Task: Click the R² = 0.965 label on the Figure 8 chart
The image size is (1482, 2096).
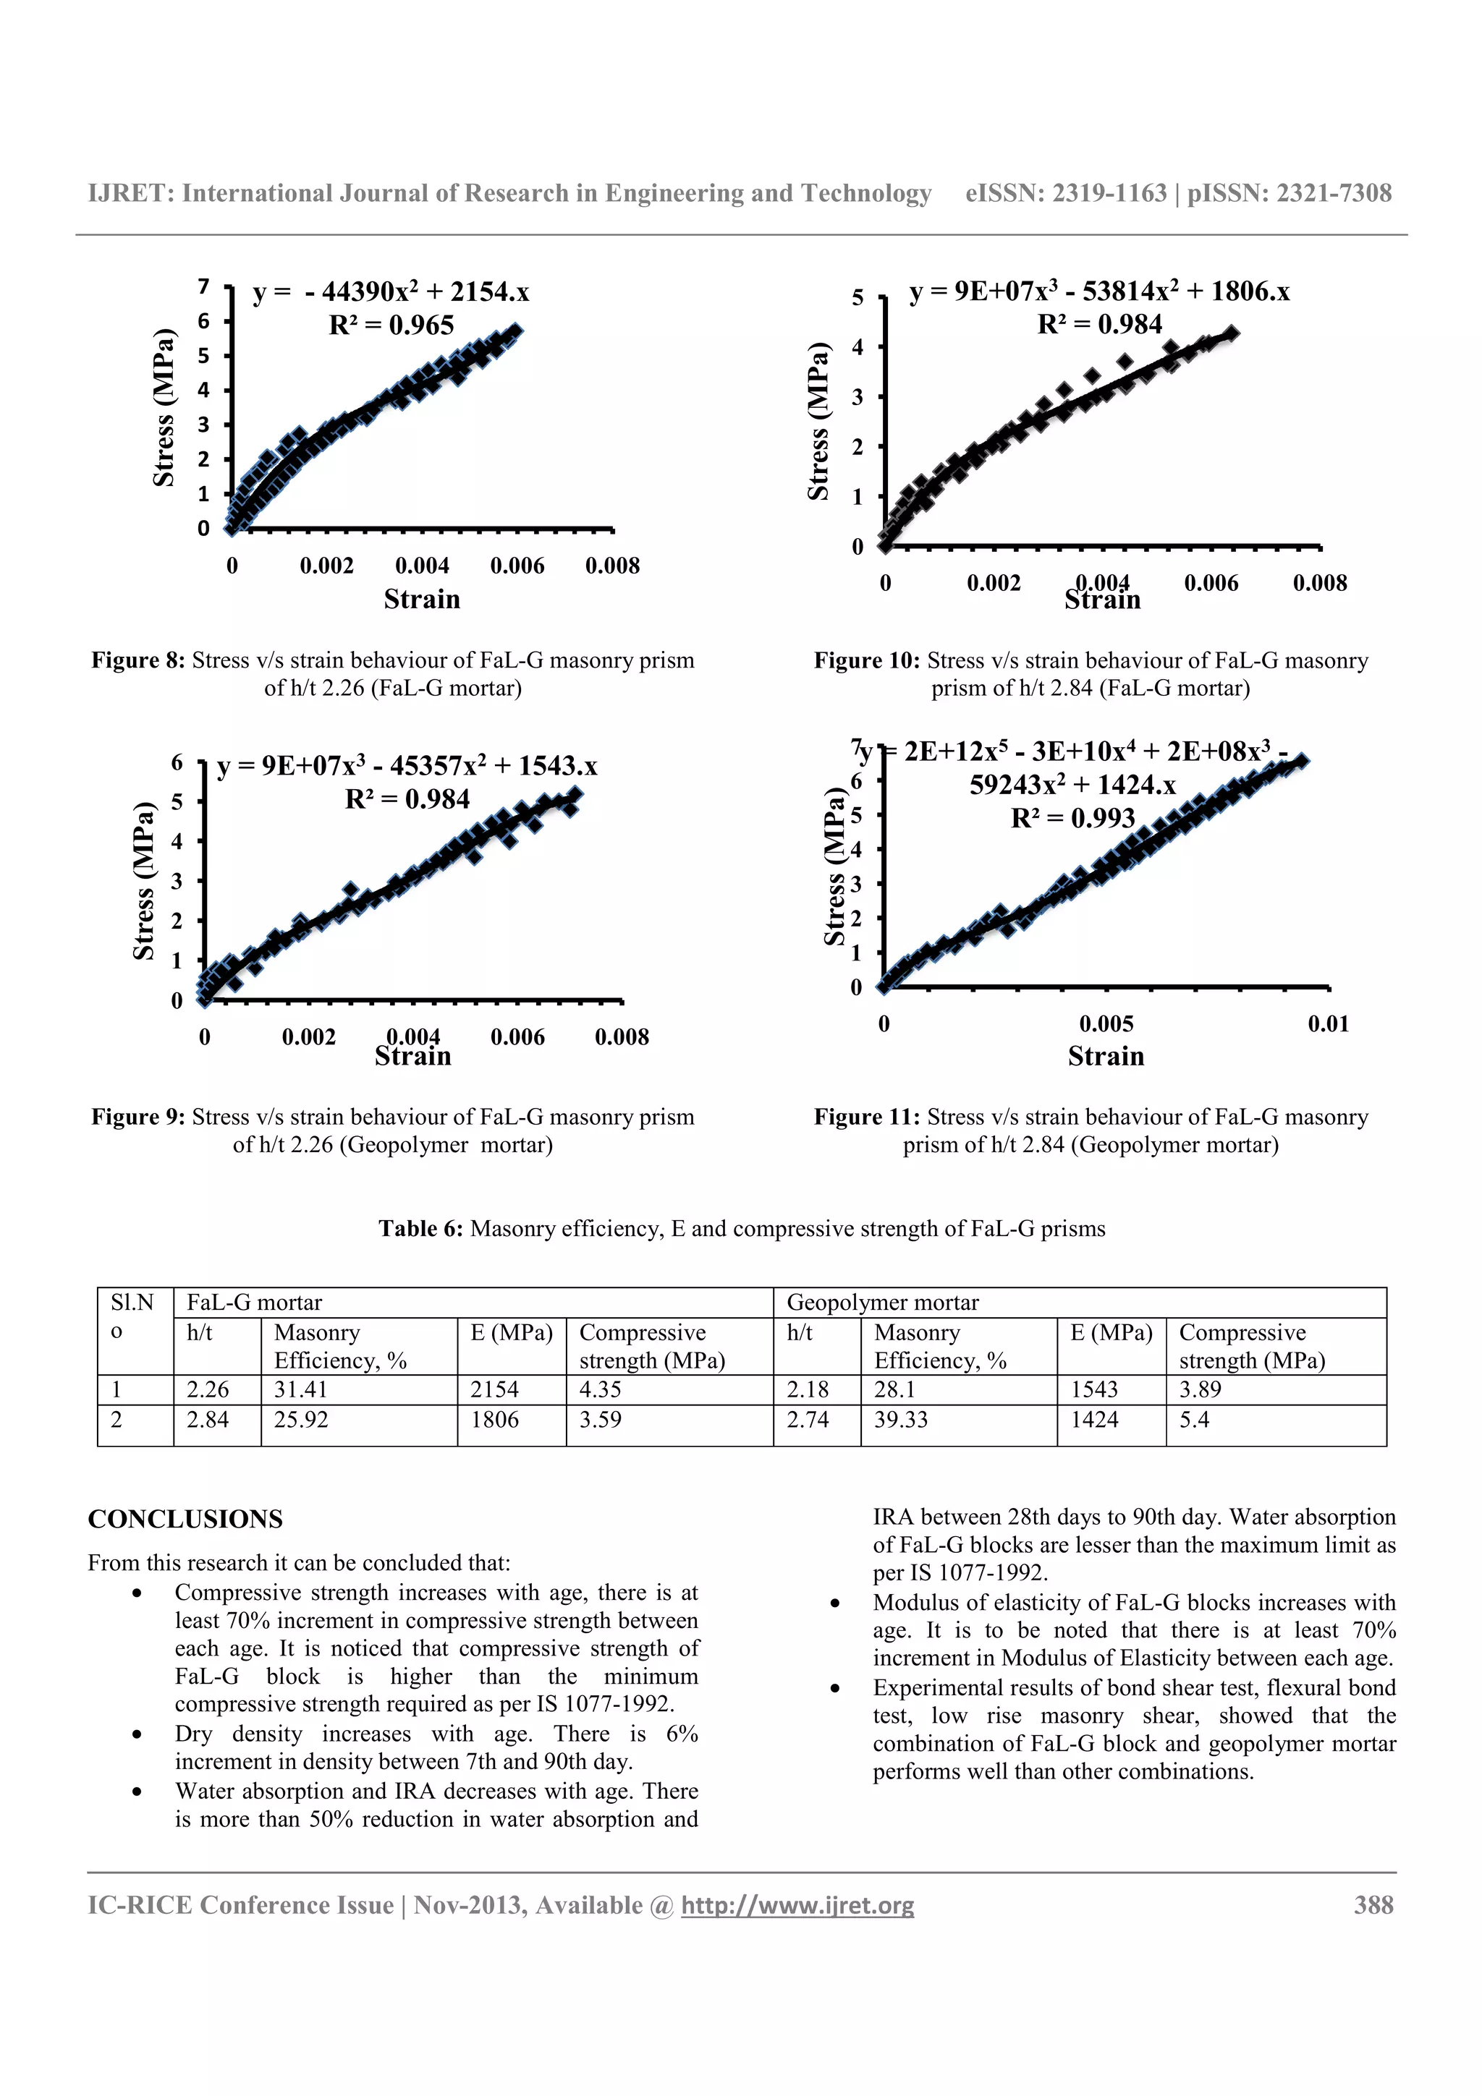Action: coord(391,325)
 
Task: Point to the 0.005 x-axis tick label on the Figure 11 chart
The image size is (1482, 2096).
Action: coord(1105,1023)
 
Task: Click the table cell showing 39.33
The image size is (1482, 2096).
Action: coord(900,1420)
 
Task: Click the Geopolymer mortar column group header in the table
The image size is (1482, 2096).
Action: coord(882,1303)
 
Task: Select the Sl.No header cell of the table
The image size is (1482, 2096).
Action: coord(133,1316)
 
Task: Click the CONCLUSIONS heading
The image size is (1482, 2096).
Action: coord(185,1519)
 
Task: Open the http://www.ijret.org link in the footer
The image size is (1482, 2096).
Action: coord(797,1905)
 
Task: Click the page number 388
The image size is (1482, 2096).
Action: coord(1373,1905)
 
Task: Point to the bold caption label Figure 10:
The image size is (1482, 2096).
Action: coord(867,660)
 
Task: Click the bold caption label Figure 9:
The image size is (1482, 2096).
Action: coord(138,1117)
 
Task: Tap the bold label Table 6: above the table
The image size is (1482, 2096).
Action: coord(421,1229)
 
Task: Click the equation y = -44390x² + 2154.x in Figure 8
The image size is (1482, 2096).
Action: coord(391,292)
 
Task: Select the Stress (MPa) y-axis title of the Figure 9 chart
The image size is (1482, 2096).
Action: coord(143,881)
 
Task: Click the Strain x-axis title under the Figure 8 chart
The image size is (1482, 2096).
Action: coord(422,599)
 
